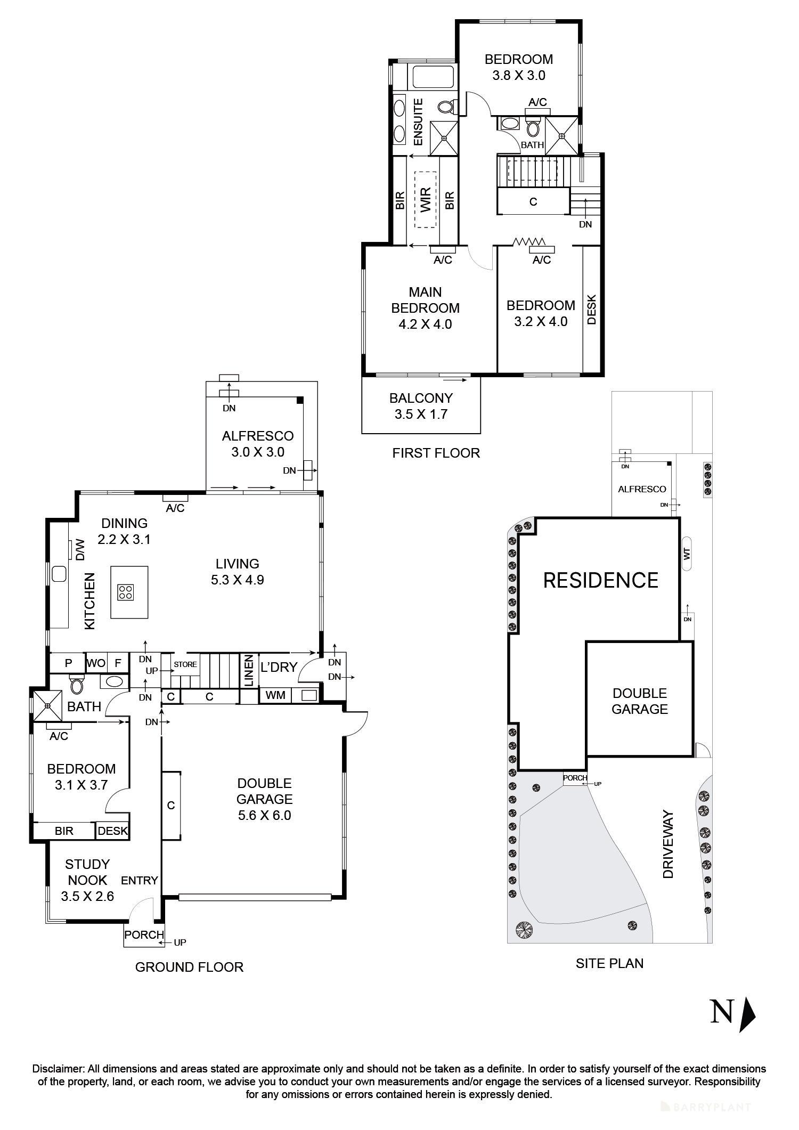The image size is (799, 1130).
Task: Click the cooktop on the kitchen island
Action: [126, 592]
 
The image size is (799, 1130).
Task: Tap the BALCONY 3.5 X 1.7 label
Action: [421, 406]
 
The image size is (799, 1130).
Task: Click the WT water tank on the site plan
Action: [687, 554]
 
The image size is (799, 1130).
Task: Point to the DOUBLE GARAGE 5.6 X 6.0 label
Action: [265, 799]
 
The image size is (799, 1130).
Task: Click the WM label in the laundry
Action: [275, 695]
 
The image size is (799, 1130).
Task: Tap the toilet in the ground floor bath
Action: [77, 684]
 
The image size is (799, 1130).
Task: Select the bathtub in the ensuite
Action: [433, 76]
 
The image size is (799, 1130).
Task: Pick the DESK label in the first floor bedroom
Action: [591, 310]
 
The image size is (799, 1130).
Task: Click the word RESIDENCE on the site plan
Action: [600, 580]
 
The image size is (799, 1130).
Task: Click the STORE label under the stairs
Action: [185, 664]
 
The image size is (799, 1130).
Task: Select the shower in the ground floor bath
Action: [47, 705]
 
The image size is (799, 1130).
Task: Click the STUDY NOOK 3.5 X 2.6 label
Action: [87, 880]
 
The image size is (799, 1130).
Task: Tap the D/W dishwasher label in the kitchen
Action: [80, 550]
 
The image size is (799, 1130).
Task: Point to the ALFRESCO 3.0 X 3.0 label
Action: [258, 444]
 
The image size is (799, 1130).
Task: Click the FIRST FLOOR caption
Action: [436, 453]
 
